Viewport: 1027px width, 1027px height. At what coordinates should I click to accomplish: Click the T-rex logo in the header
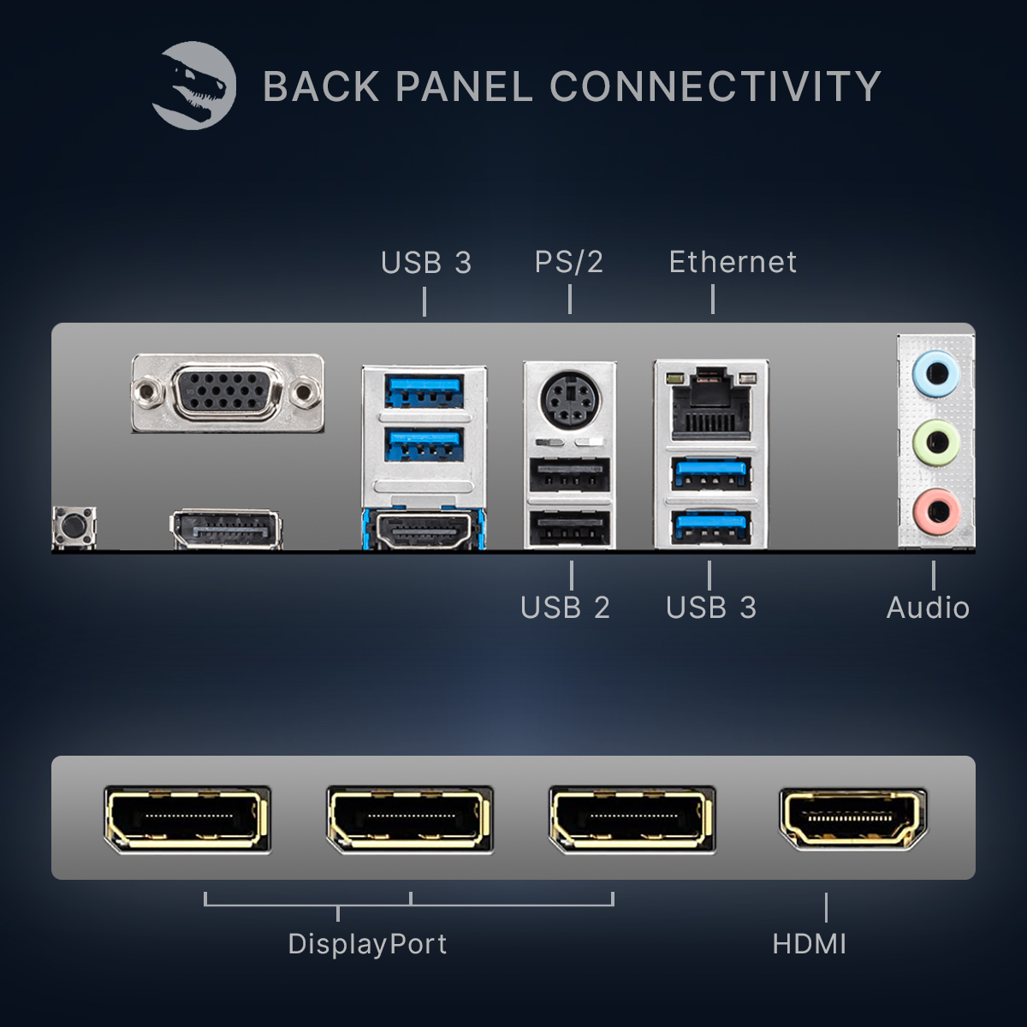[x=194, y=86]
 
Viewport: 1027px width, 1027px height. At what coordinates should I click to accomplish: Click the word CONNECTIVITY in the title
[x=715, y=86]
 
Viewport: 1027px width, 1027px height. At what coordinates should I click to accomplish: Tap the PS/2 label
[x=569, y=262]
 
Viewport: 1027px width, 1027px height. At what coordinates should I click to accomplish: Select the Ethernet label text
[x=733, y=262]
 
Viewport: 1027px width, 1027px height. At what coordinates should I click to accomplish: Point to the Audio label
[x=928, y=608]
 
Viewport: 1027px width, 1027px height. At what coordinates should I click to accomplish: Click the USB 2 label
[x=565, y=608]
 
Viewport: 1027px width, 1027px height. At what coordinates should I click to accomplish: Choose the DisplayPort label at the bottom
[x=367, y=944]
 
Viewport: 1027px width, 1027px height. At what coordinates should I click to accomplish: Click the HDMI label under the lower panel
[x=809, y=944]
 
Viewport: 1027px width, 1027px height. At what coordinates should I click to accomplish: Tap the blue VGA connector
[x=227, y=394]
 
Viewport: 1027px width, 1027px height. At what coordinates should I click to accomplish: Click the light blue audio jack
[x=936, y=374]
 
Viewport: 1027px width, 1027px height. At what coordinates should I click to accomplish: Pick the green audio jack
[x=936, y=442]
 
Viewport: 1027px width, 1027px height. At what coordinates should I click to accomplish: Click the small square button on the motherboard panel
[x=74, y=525]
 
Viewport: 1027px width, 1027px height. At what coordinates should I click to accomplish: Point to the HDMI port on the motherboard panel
[x=424, y=531]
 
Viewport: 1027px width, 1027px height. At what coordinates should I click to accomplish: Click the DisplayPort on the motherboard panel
[x=226, y=529]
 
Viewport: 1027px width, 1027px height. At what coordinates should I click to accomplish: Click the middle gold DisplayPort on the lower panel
[x=410, y=819]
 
